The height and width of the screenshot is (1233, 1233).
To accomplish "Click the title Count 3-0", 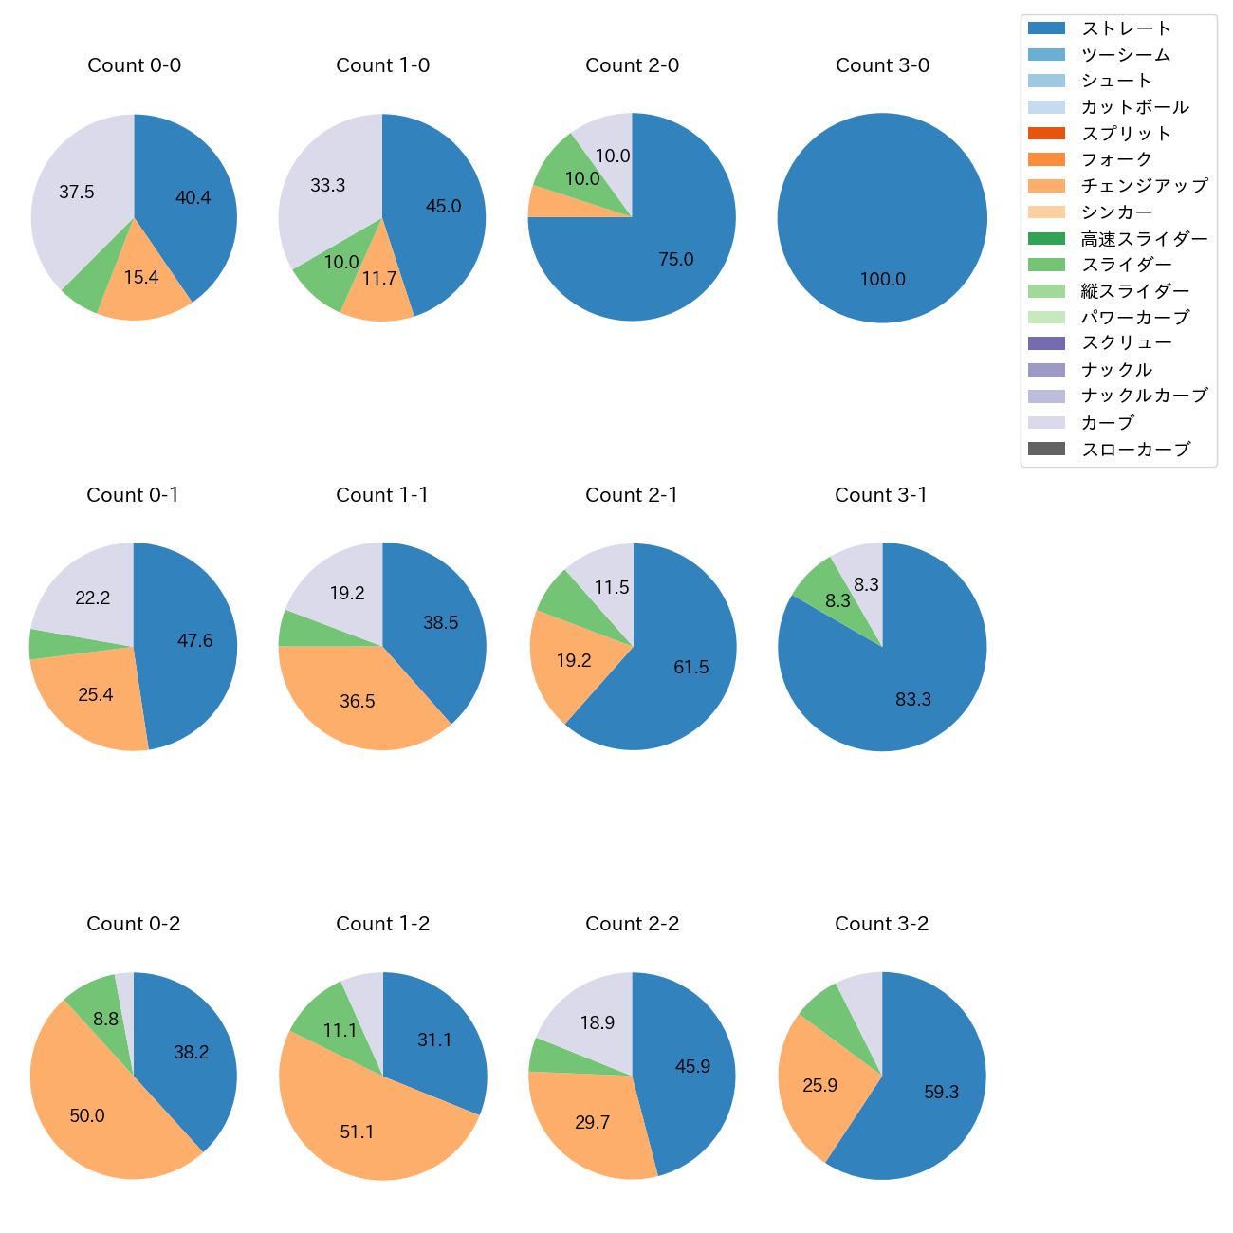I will pyautogui.click(x=882, y=65).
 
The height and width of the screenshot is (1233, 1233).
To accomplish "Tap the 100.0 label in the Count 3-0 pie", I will pyautogui.click(x=882, y=279).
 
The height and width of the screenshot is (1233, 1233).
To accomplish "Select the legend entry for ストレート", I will pyautogui.click(x=1126, y=28).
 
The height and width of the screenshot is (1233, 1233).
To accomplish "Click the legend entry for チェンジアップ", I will pyautogui.click(x=1144, y=186).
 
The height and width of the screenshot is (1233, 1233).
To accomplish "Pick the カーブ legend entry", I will pyautogui.click(x=1107, y=423).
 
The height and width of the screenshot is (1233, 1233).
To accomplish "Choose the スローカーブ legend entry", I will pyautogui.click(x=1134, y=450).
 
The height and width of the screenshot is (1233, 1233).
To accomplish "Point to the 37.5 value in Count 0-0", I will pyautogui.click(x=77, y=193).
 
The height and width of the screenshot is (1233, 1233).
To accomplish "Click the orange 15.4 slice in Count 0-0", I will pyautogui.click(x=140, y=285).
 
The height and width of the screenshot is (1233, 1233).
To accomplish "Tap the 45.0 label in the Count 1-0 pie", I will pyautogui.click(x=443, y=206).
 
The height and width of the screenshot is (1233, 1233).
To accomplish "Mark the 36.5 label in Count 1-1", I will pyautogui.click(x=358, y=702).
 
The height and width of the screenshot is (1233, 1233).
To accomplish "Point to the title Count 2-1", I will pyautogui.click(x=632, y=495).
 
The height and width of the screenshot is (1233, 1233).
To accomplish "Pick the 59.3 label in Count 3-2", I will pyautogui.click(x=941, y=1093).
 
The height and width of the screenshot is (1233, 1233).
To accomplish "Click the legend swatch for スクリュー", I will pyautogui.click(x=1046, y=343).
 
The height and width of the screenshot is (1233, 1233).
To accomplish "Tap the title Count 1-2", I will pyautogui.click(x=382, y=924).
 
